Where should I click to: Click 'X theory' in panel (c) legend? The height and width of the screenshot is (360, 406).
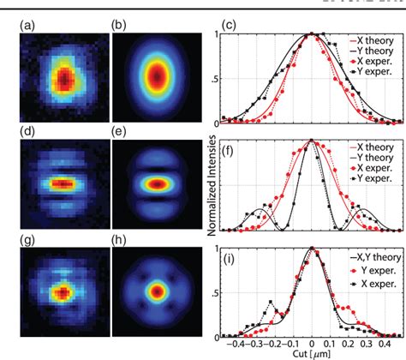(372, 40)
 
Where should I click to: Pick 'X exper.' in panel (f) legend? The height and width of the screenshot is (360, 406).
(372, 175)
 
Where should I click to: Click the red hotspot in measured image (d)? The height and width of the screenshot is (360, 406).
(60, 183)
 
